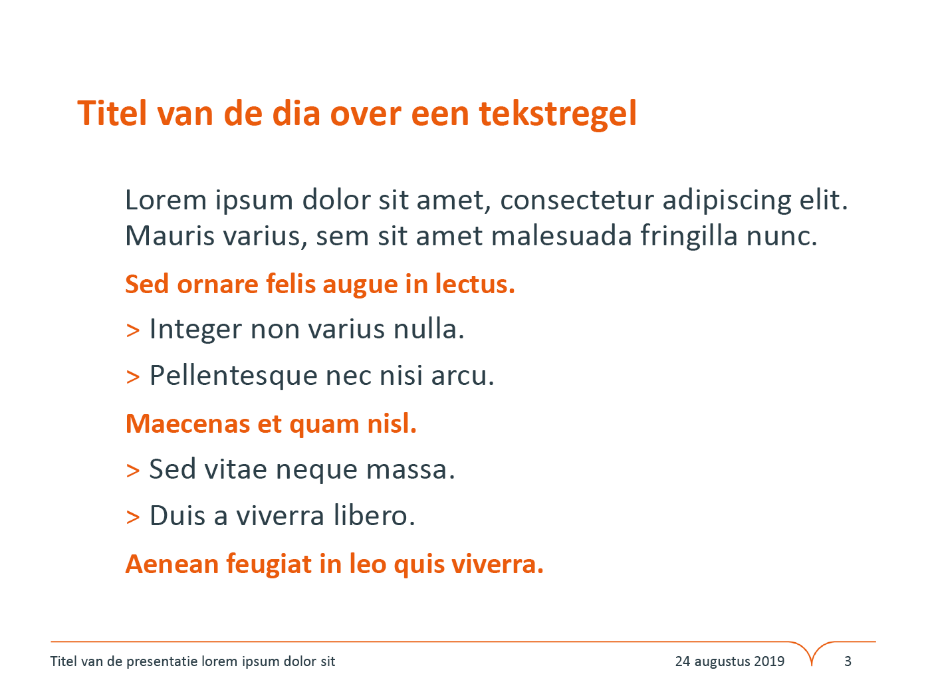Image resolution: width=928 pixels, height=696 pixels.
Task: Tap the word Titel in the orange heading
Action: (x=112, y=113)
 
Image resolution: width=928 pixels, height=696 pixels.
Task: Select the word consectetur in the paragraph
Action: (x=577, y=200)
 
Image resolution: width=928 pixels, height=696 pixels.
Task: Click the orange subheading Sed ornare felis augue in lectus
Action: (x=320, y=284)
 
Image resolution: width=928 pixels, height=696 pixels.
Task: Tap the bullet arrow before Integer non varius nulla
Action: (x=133, y=330)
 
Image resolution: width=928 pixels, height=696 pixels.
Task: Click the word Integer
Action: (x=195, y=330)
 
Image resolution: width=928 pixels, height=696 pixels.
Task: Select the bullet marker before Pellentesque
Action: (x=133, y=377)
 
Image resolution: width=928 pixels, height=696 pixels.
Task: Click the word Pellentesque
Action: (x=233, y=376)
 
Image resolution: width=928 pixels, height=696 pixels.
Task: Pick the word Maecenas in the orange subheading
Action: (x=187, y=424)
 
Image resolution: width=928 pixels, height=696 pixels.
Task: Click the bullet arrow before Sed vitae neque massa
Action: (x=133, y=471)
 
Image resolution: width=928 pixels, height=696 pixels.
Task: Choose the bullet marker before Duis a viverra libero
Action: (x=133, y=517)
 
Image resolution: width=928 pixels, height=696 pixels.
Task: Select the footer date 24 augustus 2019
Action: (x=730, y=661)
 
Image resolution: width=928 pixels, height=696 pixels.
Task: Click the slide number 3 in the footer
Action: (x=848, y=661)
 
